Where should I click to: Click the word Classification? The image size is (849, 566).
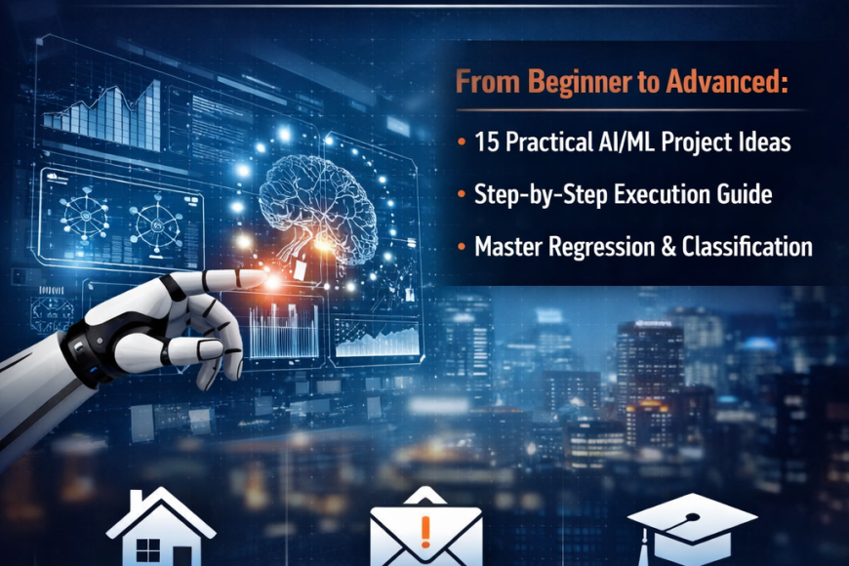pos(747,246)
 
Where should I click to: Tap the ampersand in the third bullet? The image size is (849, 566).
pos(668,247)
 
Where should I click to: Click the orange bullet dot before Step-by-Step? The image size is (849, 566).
pos(462,194)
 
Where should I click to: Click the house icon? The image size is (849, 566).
pos(161,528)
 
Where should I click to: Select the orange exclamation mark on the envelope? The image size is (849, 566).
pos(425,531)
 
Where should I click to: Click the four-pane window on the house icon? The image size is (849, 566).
pos(147,550)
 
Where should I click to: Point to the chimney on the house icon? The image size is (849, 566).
pos(136,501)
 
